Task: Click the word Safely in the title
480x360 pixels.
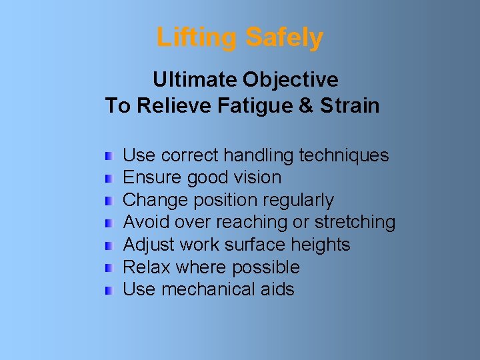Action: (284, 38)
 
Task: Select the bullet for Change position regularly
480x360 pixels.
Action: (109, 201)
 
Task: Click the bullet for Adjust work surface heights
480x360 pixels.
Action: (109, 245)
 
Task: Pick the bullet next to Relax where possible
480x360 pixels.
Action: (109, 268)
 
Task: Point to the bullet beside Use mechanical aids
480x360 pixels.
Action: (109, 290)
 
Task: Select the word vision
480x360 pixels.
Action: (257, 178)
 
